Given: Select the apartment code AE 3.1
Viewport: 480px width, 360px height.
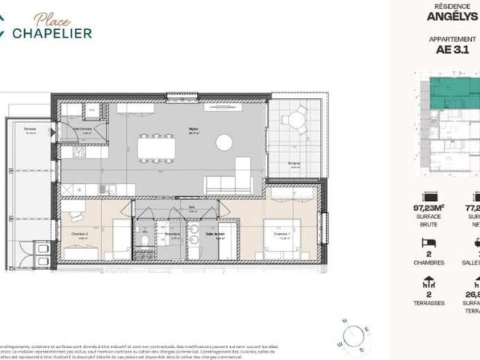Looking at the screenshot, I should click(x=451, y=50).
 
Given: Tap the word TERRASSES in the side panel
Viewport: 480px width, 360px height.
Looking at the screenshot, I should click(x=430, y=303).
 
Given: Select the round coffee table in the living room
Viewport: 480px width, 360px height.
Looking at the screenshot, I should click(x=224, y=142).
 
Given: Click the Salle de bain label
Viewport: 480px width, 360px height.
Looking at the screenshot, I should click(x=215, y=235).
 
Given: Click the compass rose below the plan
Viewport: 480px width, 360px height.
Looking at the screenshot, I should click(x=352, y=336).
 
